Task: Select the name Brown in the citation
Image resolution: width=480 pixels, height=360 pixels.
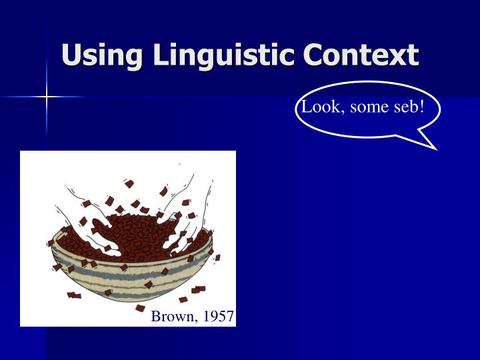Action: (x=171, y=316)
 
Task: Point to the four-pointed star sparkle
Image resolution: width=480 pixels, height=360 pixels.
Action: (x=47, y=97)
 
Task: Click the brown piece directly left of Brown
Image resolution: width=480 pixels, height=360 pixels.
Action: (x=140, y=308)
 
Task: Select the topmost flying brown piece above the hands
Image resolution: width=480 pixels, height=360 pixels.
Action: (x=129, y=183)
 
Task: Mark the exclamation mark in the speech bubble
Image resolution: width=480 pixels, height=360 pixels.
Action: (x=421, y=107)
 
